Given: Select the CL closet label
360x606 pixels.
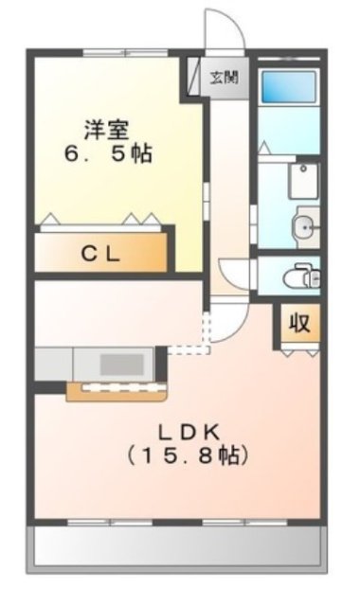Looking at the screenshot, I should tap(104, 254).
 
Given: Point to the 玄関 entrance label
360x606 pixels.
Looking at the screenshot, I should tap(224, 77).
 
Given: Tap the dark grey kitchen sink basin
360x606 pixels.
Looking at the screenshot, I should tap(119, 364).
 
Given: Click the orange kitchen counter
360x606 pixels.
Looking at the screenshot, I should tap(117, 389).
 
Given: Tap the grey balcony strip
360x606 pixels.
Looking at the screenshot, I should tap(180, 547).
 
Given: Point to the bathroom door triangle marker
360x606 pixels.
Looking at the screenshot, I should tap(264, 148).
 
